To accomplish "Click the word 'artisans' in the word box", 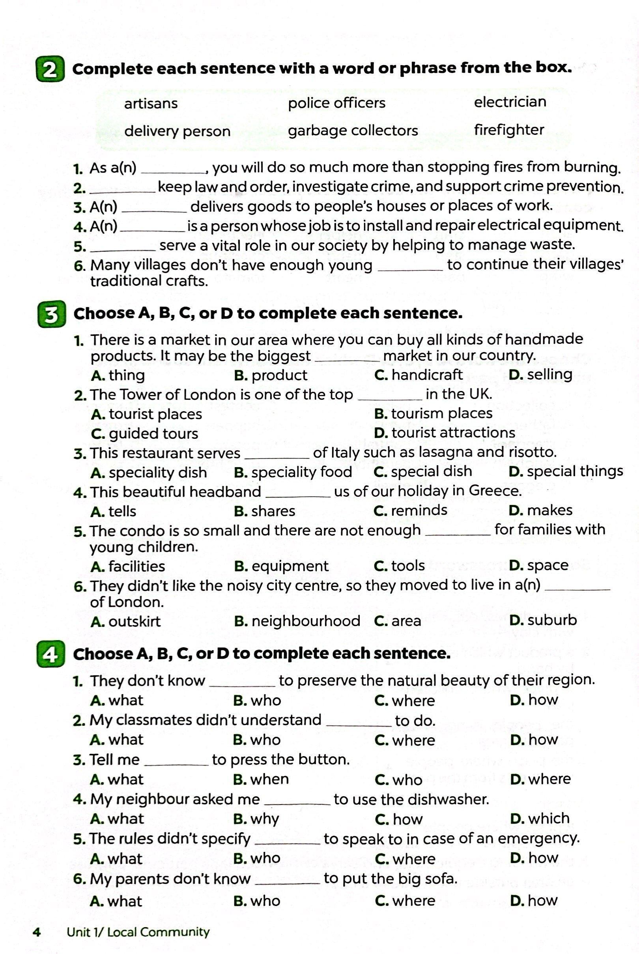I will point(151,103).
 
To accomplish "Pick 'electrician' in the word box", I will point(510,102).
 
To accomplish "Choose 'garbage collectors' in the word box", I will point(353,131).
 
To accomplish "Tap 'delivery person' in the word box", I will point(177,131).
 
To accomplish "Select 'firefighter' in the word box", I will point(508,130).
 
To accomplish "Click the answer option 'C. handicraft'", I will point(418,375).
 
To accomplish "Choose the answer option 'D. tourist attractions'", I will point(444,433).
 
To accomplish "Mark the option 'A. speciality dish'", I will point(149,472).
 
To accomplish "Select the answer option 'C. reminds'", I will point(410,510).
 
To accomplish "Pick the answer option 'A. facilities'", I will point(128,566).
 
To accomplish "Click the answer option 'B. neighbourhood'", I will point(297,621).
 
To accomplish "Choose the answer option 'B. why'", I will point(256,819).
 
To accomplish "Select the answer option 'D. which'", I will point(540,818).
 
